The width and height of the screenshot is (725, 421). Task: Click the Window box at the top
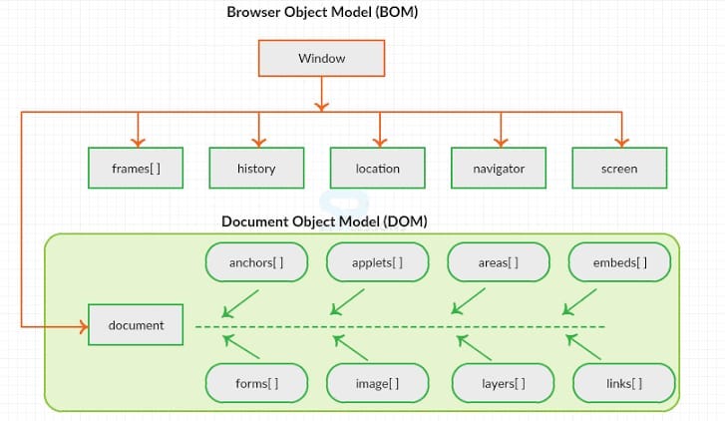click(x=321, y=58)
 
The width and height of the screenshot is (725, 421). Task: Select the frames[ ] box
click(x=136, y=169)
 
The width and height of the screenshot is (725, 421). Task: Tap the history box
click(x=256, y=169)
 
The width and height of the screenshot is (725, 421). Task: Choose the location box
click(x=377, y=169)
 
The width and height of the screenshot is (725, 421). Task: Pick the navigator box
click(x=499, y=169)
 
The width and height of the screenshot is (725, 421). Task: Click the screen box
click(x=618, y=169)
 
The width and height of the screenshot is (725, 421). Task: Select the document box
click(x=136, y=325)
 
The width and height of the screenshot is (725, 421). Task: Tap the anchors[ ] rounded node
click(x=256, y=263)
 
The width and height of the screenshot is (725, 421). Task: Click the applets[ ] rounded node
click(x=377, y=263)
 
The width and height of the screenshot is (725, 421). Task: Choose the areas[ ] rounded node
click(x=498, y=263)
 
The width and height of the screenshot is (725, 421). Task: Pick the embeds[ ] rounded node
click(x=619, y=263)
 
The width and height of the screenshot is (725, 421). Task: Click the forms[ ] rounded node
click(x=256, y=383)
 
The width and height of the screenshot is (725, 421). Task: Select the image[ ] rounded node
click(x=377, y=383)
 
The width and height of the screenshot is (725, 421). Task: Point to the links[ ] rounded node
click(x=623, y=383)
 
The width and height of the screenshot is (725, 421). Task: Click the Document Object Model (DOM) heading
click(x=324, y=220)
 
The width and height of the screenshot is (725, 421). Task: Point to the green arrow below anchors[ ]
click(x=239, y=304)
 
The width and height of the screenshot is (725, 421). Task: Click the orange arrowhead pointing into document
click(x=81, y=325)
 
